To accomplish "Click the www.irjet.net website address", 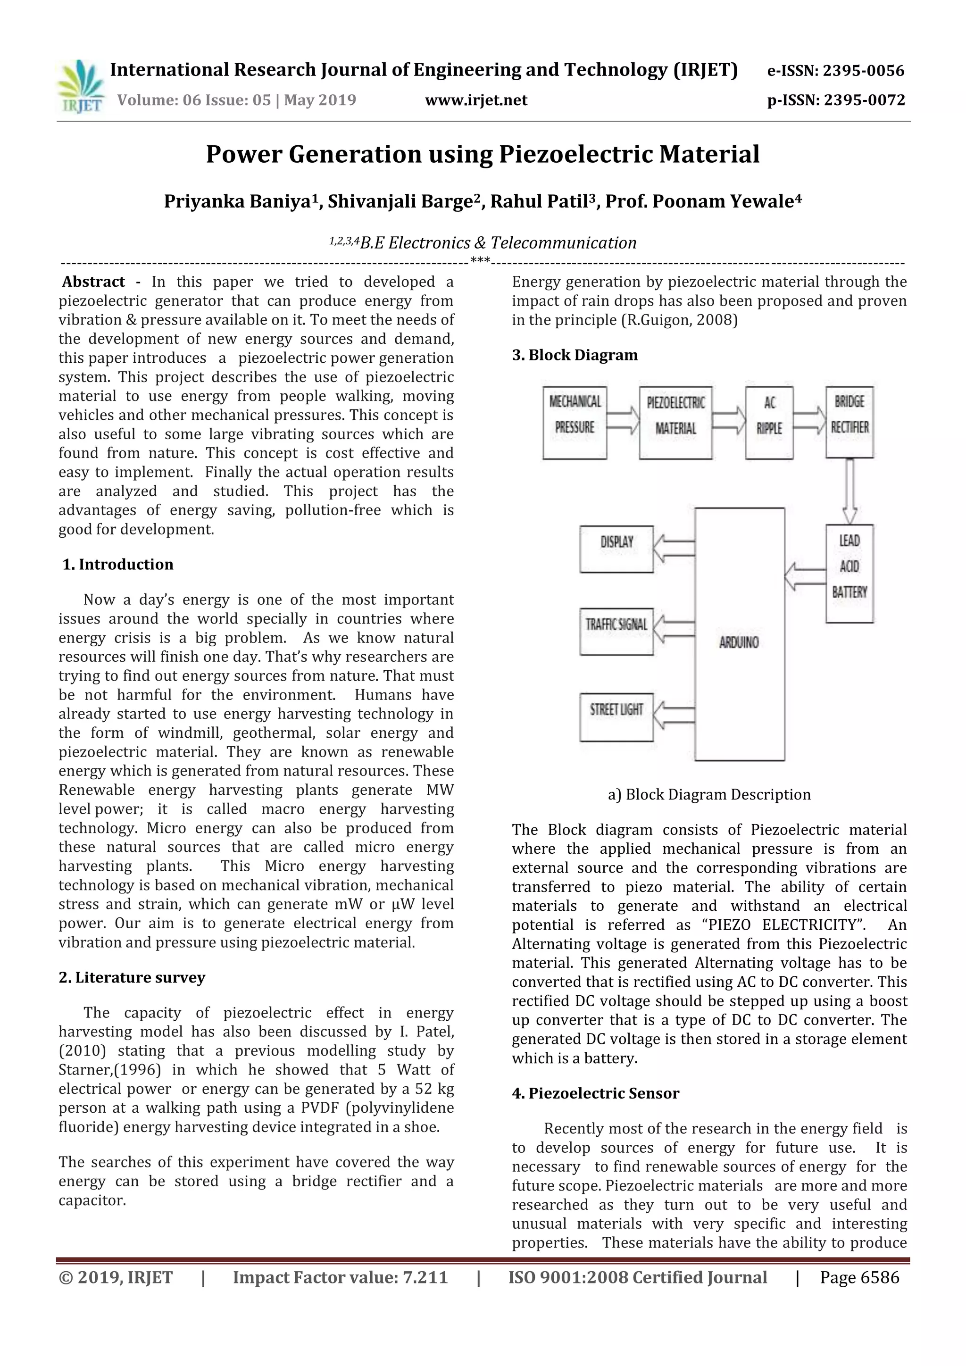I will point(476,100).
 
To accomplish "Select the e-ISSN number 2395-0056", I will point(836,71).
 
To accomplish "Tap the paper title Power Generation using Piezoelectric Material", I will point(483,154).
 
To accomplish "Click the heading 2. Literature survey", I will point(132,977).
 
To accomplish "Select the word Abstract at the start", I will point(93,282).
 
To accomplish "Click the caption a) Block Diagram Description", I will point(709,794).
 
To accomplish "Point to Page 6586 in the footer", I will point(859,1277).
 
